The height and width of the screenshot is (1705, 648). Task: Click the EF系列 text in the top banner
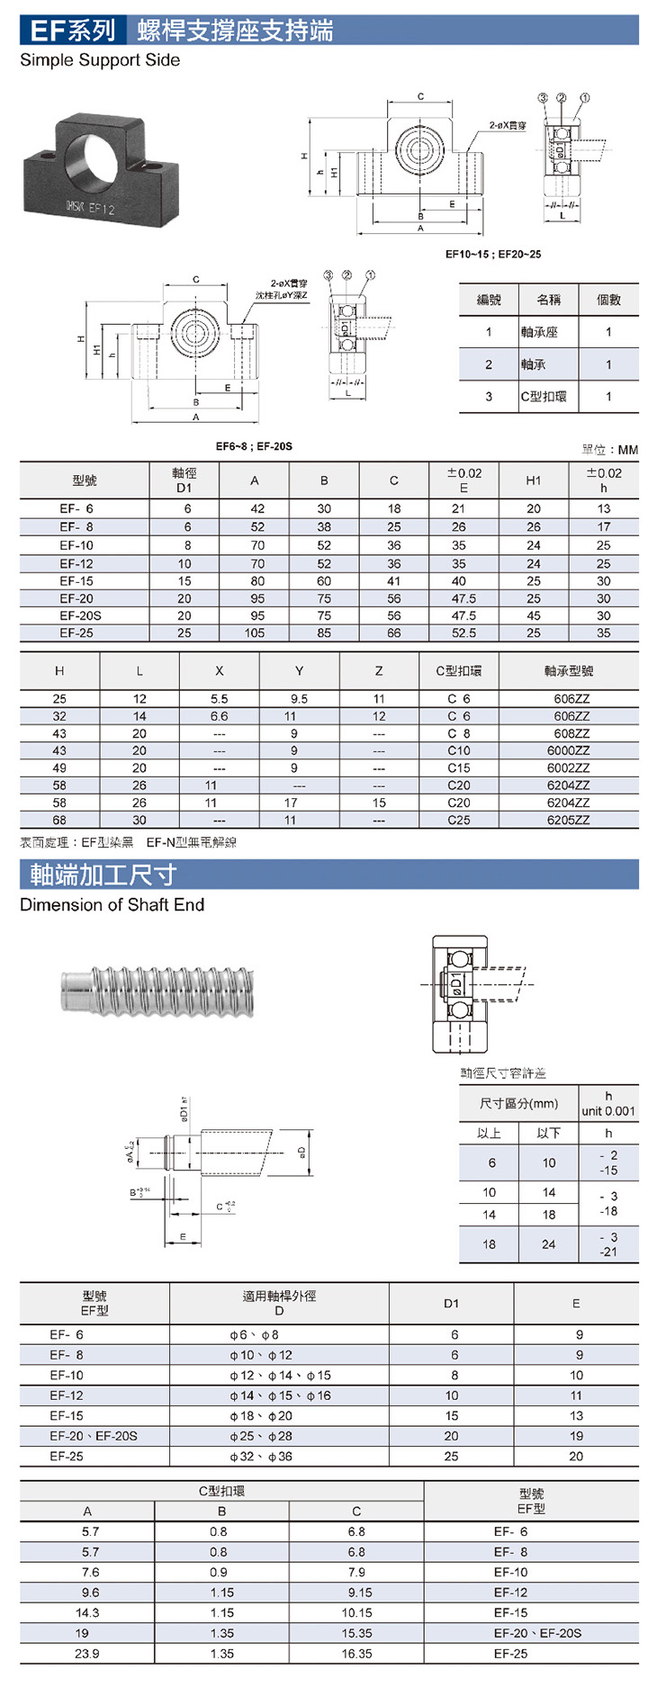[73, 31]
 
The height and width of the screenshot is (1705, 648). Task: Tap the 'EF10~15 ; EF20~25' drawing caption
[493, 254]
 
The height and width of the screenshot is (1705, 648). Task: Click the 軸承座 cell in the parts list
[539, 332]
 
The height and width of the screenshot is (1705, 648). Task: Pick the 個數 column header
[608, 300]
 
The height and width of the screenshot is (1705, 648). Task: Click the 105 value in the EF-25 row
[255, 633]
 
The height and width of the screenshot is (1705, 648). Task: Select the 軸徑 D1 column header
[184, 480]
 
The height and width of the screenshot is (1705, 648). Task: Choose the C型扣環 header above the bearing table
[459, 670]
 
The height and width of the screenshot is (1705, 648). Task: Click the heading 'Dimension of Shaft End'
[112, 905]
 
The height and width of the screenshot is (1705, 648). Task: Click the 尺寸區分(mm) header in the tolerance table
[518, 1103]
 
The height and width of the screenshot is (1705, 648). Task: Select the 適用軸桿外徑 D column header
[279, 1303]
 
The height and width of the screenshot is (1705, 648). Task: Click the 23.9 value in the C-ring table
[87, 1654]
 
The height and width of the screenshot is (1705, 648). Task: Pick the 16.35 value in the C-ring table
[356, 1654]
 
